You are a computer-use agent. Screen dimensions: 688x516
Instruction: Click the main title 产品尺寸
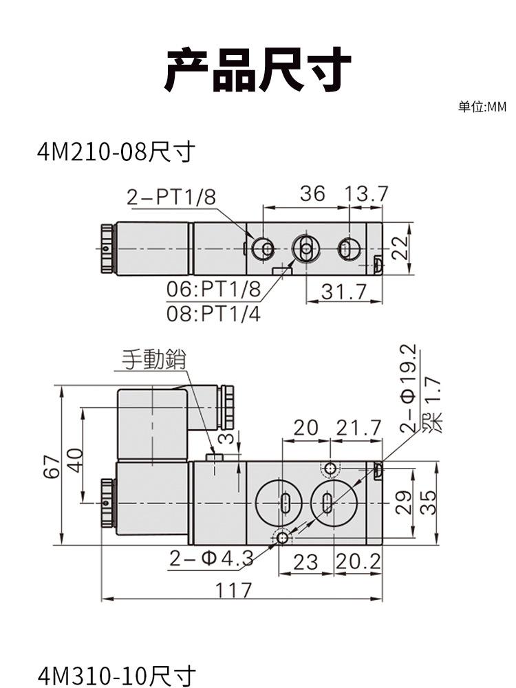point(257,69)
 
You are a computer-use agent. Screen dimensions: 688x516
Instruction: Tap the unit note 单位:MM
point(482,107)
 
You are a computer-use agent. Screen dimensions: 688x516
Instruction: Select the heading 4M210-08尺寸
point(116,151)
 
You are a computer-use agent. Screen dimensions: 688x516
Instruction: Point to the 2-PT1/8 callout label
point(171,197)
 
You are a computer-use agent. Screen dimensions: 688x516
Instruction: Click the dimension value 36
point(312,194)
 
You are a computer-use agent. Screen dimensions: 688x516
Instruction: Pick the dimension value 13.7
point(367,194)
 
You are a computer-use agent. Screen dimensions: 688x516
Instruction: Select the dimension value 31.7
point(345,292)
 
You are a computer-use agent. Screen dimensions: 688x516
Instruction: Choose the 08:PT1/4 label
point(214,314)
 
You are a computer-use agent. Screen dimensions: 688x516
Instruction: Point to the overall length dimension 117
point(234,590)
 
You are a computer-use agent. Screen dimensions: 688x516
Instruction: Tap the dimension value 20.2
point(358,562)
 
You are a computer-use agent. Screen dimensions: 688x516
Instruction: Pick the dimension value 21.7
point(358,428)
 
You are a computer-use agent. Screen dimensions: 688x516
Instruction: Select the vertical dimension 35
point(427,502)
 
